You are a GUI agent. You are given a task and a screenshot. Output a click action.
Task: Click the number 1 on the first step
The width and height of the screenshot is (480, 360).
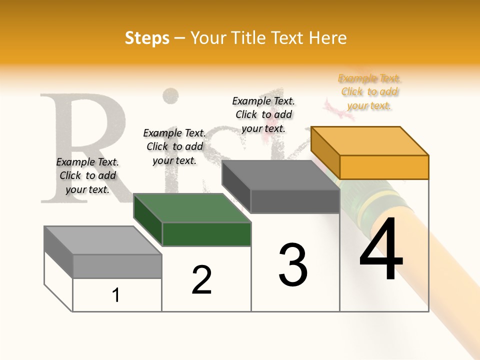coord(116,295)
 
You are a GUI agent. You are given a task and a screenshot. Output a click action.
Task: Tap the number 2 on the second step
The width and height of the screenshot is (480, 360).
coord(201,280)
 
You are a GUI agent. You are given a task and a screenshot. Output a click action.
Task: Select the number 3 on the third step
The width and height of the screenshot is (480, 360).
coord(293,264)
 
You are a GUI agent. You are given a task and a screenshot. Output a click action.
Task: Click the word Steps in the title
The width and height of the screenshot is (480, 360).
coord(147,38)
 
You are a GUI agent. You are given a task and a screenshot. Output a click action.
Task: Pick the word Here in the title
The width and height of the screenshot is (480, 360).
coord(328,38)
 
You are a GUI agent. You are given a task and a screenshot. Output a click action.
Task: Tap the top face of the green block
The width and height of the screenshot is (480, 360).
coord(192,207)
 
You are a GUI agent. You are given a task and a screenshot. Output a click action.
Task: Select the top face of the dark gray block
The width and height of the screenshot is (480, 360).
coord(280,174)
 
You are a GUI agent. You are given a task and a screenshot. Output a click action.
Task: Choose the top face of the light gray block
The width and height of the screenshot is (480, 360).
coord(103,240)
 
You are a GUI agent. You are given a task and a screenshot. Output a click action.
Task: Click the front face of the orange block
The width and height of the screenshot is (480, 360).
coord(384,167)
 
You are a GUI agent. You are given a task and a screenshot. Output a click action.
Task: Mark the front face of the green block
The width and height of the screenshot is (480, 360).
coord(206,234)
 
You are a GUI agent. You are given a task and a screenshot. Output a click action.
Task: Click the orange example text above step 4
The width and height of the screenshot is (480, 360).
coord(369,92)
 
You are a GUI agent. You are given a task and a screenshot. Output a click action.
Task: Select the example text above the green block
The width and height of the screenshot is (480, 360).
coord(174,146)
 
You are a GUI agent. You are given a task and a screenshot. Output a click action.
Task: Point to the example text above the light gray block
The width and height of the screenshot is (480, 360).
coord(87,175)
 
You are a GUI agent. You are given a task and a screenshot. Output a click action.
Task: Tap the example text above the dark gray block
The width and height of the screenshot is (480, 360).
coord(263,114)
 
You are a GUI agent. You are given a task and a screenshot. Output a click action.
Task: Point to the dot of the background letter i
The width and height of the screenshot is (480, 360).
coord(171,96)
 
